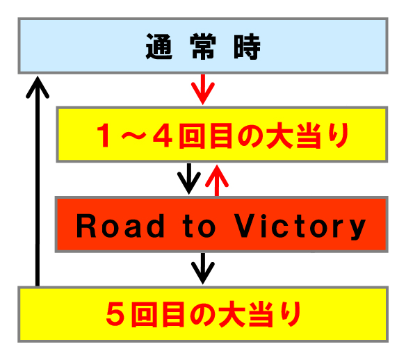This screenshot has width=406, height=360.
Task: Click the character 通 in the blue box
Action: [159, 47]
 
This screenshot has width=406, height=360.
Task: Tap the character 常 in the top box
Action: [203, 47]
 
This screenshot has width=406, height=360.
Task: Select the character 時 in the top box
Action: [247, 47]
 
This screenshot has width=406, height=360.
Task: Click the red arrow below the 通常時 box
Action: [203, 89]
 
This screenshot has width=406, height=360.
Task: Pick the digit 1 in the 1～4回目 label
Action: [104, 136]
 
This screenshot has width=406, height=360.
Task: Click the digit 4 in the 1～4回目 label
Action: [163, 136]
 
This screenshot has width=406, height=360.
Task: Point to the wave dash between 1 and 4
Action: [133, 136]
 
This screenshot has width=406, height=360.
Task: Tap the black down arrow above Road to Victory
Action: [189, 179]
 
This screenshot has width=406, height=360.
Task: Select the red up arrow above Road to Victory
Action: [217, 180]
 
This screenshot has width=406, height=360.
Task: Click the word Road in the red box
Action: [120, 226]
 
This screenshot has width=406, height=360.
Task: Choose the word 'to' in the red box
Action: [199, 226]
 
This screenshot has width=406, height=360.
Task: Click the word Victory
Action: [300, 227]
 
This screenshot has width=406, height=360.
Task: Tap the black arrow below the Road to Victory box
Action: [203, 268]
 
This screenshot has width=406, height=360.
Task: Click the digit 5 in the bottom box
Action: [115, 314]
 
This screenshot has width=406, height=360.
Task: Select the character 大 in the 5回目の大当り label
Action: [232, 314]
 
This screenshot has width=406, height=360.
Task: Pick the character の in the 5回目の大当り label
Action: [202, 314]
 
